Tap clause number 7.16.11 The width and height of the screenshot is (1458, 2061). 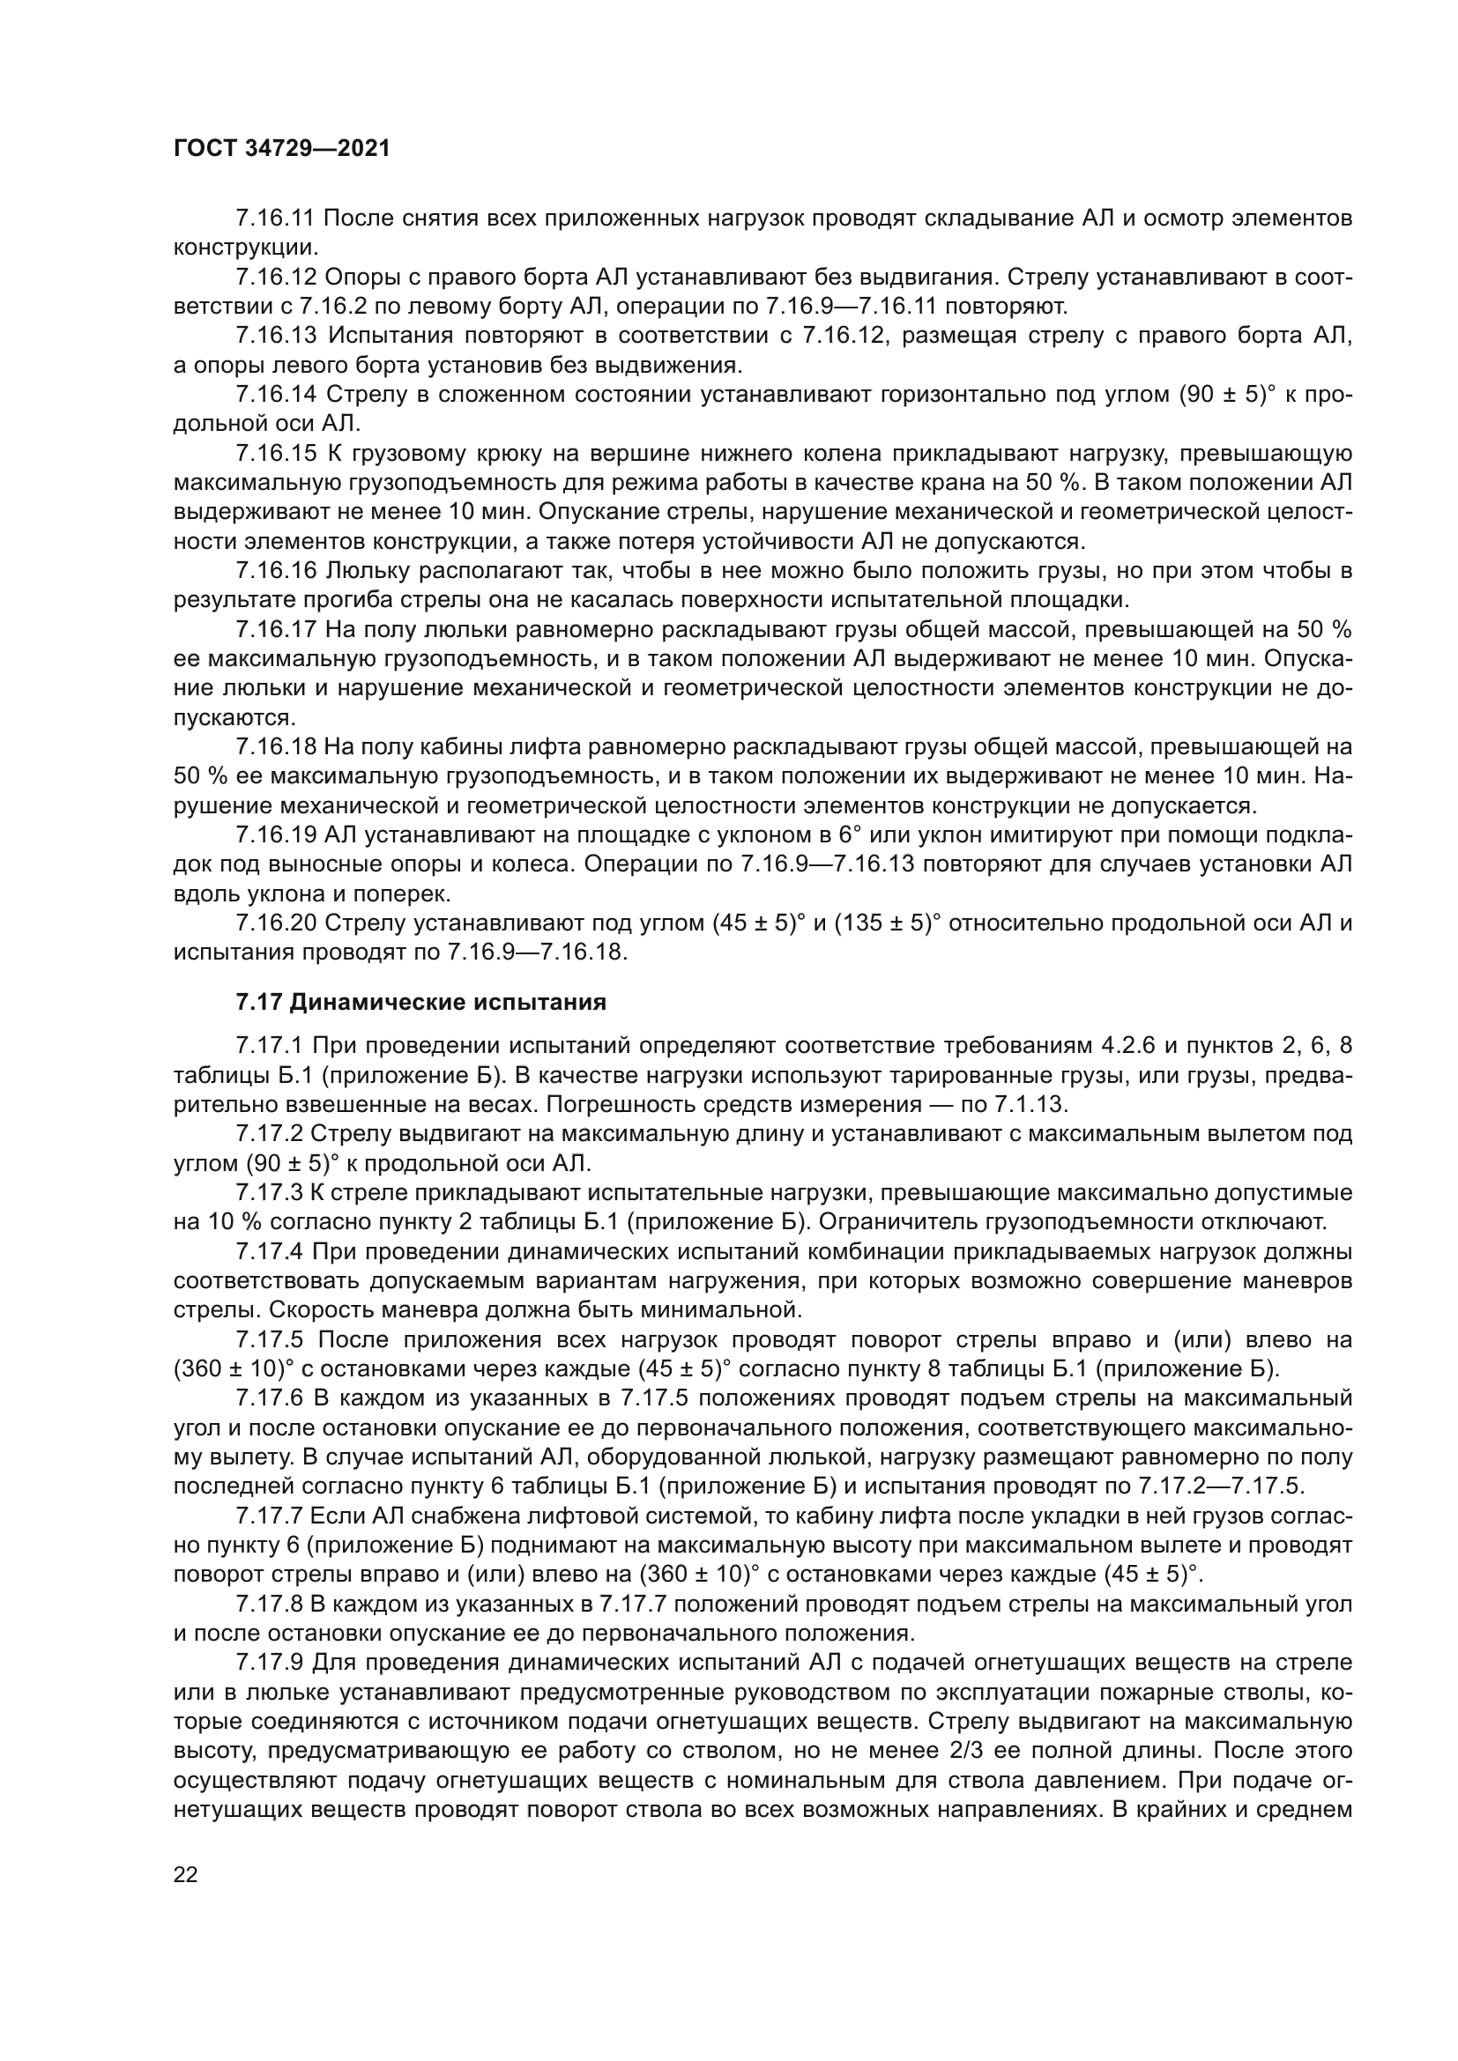click(276, 219)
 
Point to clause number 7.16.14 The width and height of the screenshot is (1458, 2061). click(277, 394)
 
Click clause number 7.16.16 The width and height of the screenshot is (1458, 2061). click(277, 570)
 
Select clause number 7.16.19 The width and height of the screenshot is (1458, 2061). click(276, 834)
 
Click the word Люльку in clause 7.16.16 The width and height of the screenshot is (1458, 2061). click(368, 570)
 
